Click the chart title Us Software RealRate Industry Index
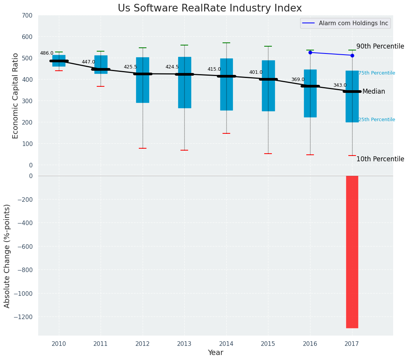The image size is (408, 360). coord(210,8)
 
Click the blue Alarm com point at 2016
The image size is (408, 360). coord(310,52)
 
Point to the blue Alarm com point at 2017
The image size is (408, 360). coord(352,55)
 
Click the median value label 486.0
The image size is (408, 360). coord(47,53)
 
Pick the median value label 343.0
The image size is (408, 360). coord(340,85)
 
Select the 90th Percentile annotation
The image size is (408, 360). coord(380,46)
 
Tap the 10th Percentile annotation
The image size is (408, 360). coord(380,159)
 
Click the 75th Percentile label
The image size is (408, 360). coord(377,73)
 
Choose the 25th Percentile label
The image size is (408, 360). coord(377,120)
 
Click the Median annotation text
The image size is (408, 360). coord(374,92)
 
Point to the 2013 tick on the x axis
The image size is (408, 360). coord(184,344)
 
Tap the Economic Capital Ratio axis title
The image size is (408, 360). coord(15,96)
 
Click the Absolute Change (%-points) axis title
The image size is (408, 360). coord(7,256)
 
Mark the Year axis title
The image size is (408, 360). coord(215,353)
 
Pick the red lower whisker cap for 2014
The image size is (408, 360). coord(226,133)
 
